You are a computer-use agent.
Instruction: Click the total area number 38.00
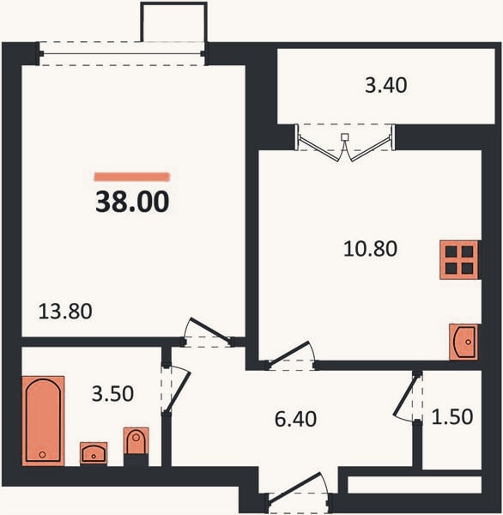tap(132, 202)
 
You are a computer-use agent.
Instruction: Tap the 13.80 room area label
tap(65, 312)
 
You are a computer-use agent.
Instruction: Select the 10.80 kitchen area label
tap(370, 249)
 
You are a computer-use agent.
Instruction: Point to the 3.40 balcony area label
tap(386, 85)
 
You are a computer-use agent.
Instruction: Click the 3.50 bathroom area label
tap(112, 393)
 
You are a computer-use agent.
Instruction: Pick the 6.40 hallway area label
tap(295, 419)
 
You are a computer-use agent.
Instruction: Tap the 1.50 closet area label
tap(452, 416)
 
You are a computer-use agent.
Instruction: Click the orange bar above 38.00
tap(132, 177)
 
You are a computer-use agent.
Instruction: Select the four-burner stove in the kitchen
tap(459, 260)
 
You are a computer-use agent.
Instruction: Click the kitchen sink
tap(464, 342)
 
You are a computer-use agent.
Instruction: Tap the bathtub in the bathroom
tap(43, 421)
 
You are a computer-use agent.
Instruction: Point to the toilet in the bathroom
tap(136, 441)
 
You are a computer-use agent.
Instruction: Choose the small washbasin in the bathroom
tap(94, 453)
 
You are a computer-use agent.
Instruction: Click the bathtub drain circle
tap(42, 455)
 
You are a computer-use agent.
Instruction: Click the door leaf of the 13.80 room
tap(211, 331)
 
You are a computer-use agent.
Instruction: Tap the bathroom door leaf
tap(178, 391)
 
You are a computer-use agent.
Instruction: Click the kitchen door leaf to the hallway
tap(290, 353)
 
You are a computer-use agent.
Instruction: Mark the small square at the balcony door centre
tap(344, 136)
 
